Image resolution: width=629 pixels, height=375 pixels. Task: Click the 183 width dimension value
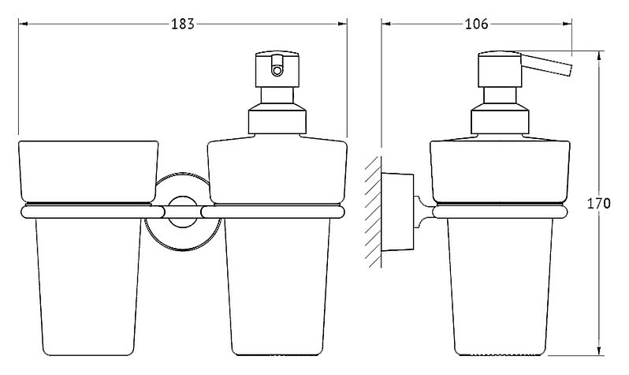tap(183, 24)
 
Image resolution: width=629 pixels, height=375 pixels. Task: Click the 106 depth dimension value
tap(477, 24)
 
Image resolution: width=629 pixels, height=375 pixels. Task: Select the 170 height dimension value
tap(599, 204)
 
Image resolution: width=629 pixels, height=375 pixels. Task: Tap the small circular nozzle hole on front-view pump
tap(277, 71)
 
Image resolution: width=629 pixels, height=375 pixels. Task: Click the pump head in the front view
tap(277, 69)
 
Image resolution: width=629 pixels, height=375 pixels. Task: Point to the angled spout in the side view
tap(546, 64)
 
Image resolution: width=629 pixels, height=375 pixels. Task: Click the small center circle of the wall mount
tap(183, 212)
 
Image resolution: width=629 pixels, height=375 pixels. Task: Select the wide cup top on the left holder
tap(88, 171)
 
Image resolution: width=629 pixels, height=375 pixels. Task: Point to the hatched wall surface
tap(373, 212)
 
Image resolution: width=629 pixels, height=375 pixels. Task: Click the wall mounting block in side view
tap(397, 212)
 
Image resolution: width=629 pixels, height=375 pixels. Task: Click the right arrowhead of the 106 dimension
tap(568, 24)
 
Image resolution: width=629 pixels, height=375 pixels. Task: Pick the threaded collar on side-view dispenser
tap(500, 119)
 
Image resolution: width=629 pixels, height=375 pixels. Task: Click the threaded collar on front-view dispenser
tap(277, 119)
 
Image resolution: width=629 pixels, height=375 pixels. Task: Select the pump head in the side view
tap(500, 69)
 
